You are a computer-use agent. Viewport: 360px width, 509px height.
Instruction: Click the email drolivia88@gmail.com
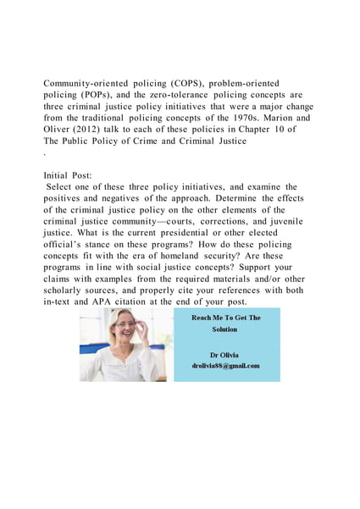(225, 366)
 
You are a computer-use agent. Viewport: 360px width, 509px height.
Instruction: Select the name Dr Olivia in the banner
(225, 354)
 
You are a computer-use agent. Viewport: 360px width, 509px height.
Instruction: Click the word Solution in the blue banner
(225, 329)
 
